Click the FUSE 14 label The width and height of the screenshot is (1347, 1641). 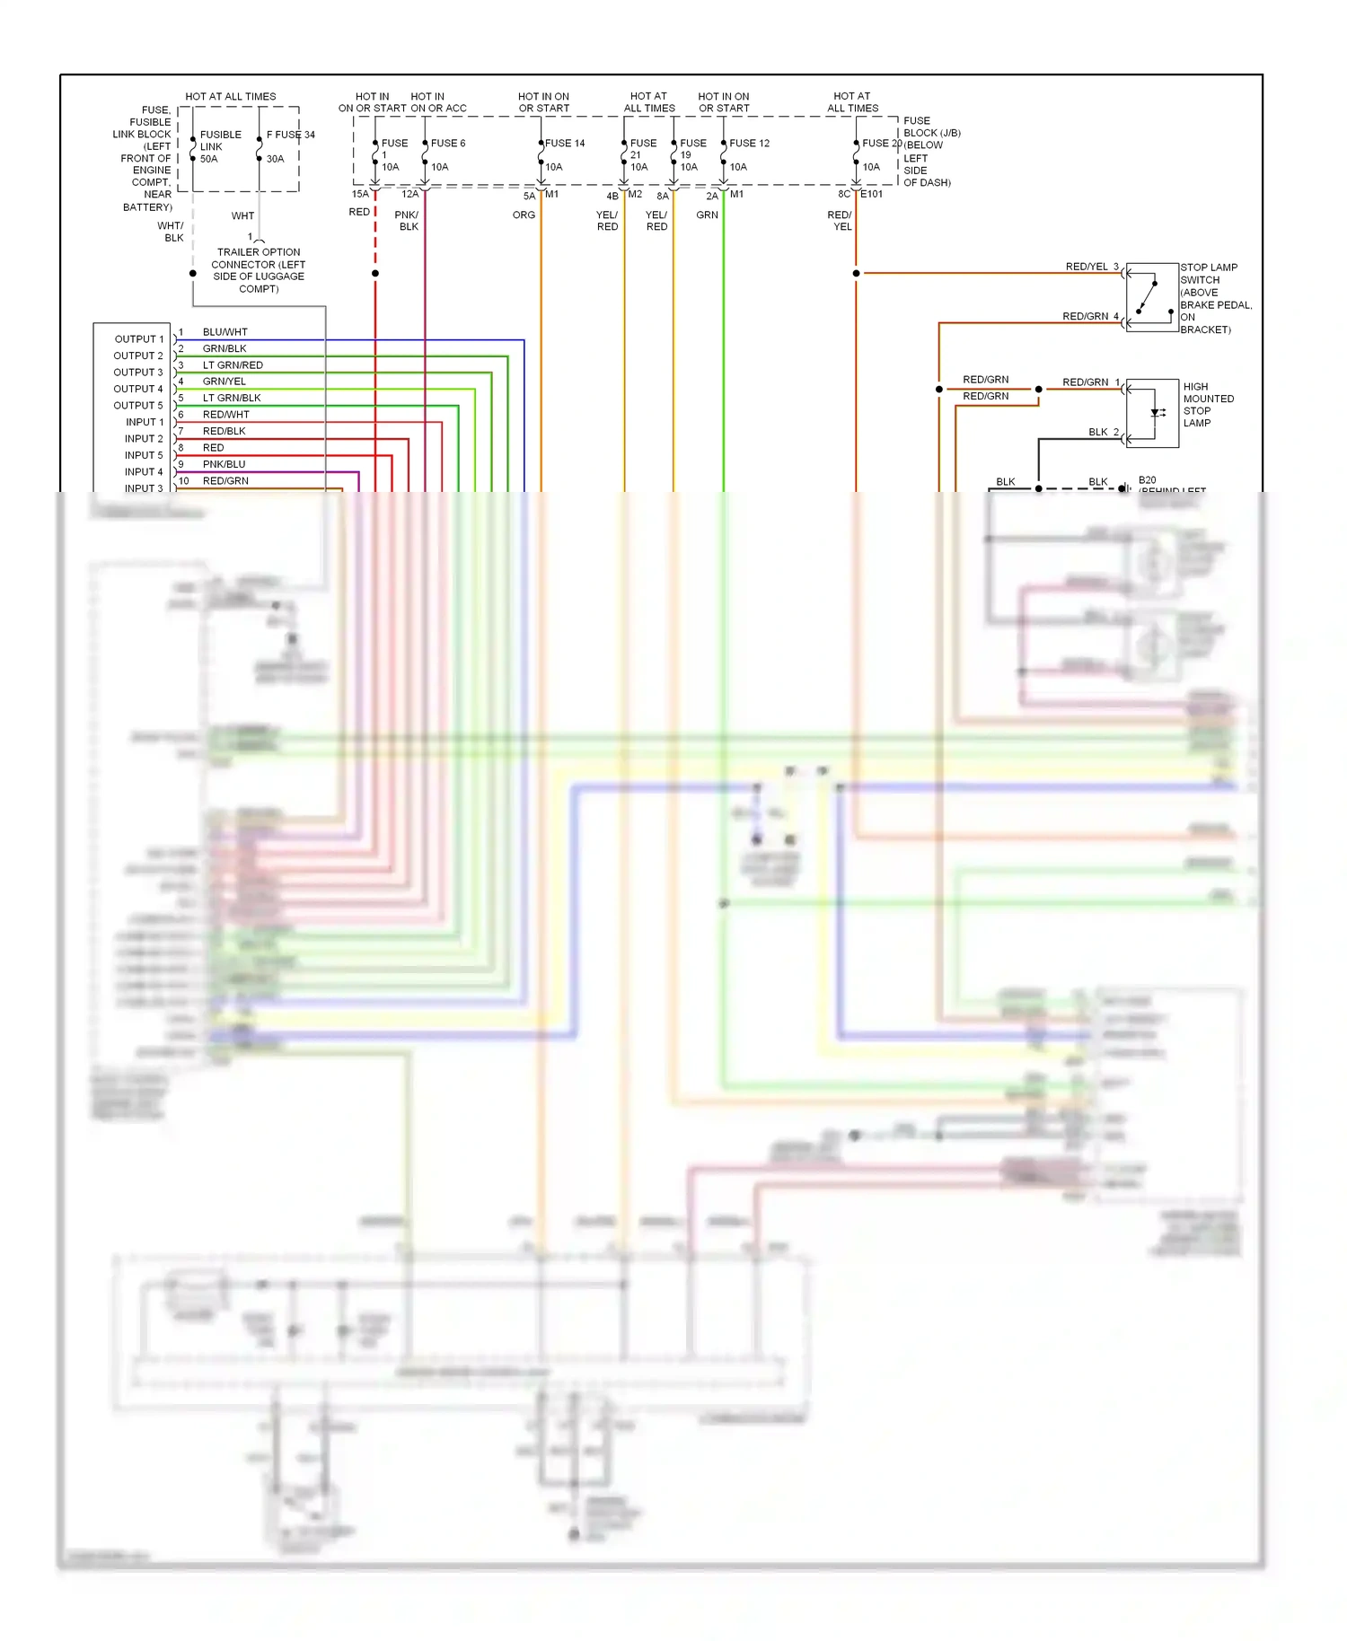pyautogui.click(x=565, y=143)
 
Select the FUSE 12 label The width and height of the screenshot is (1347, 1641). pyautogui.click(x=749, y=143)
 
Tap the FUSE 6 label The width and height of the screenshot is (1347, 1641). pyautogui.click(x=448, y=143)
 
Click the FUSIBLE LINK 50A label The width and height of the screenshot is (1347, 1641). pyautogui.click(x=220, y=146)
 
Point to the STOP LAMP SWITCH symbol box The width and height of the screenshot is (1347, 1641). pyautogui.click(x=1152, y=297)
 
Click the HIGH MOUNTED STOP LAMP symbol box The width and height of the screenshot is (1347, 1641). pyautogui.click(x=1152, y=413)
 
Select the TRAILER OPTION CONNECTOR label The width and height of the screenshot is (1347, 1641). pyautogui.click(x=259, y=270)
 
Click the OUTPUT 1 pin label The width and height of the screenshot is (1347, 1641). pyautogui.click(x=139, y=339)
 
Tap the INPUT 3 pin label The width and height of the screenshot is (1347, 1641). pyautogui.click(x=144, y=488)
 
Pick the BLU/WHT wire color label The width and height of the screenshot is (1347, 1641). pyautogui.click(x=224, y=332)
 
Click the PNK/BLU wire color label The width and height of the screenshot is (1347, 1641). pyautogui.click(x=224, y=464)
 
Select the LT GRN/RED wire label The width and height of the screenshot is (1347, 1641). pyautogui.click(x=233, y=365)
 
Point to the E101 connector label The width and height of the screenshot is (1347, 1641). pyautogui.click(x=871, y=194)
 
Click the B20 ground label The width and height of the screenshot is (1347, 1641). pyautogui.click(x=1147, y=480)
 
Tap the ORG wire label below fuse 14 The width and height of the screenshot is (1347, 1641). pyautogui.click(x=524, y=215)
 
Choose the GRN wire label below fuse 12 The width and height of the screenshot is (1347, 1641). pyautogui.click(x=707, y=215)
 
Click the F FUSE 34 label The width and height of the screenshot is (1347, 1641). pyautogui.click(x=291, y=135)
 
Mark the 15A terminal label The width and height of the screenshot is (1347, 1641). pyautogui.click(x=359, y=194)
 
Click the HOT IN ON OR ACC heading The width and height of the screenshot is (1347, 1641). pyautogui.click(x=437, y=102)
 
